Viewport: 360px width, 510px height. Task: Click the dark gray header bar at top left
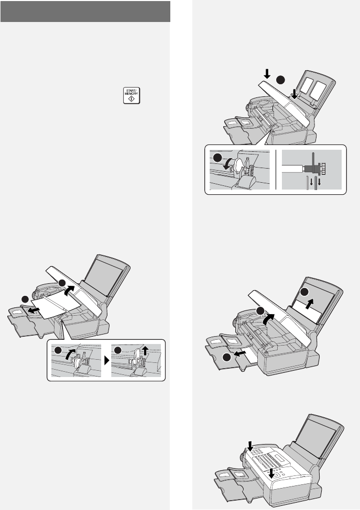tap(85, 12)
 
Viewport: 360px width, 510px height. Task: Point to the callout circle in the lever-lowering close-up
tap(216, 158)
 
